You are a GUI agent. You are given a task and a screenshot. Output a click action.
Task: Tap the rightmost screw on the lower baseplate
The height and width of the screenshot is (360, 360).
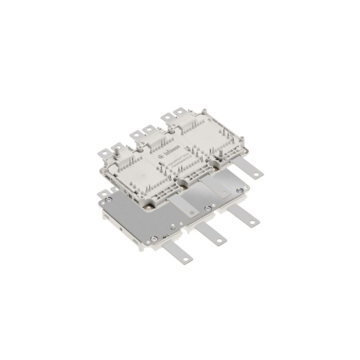241,192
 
